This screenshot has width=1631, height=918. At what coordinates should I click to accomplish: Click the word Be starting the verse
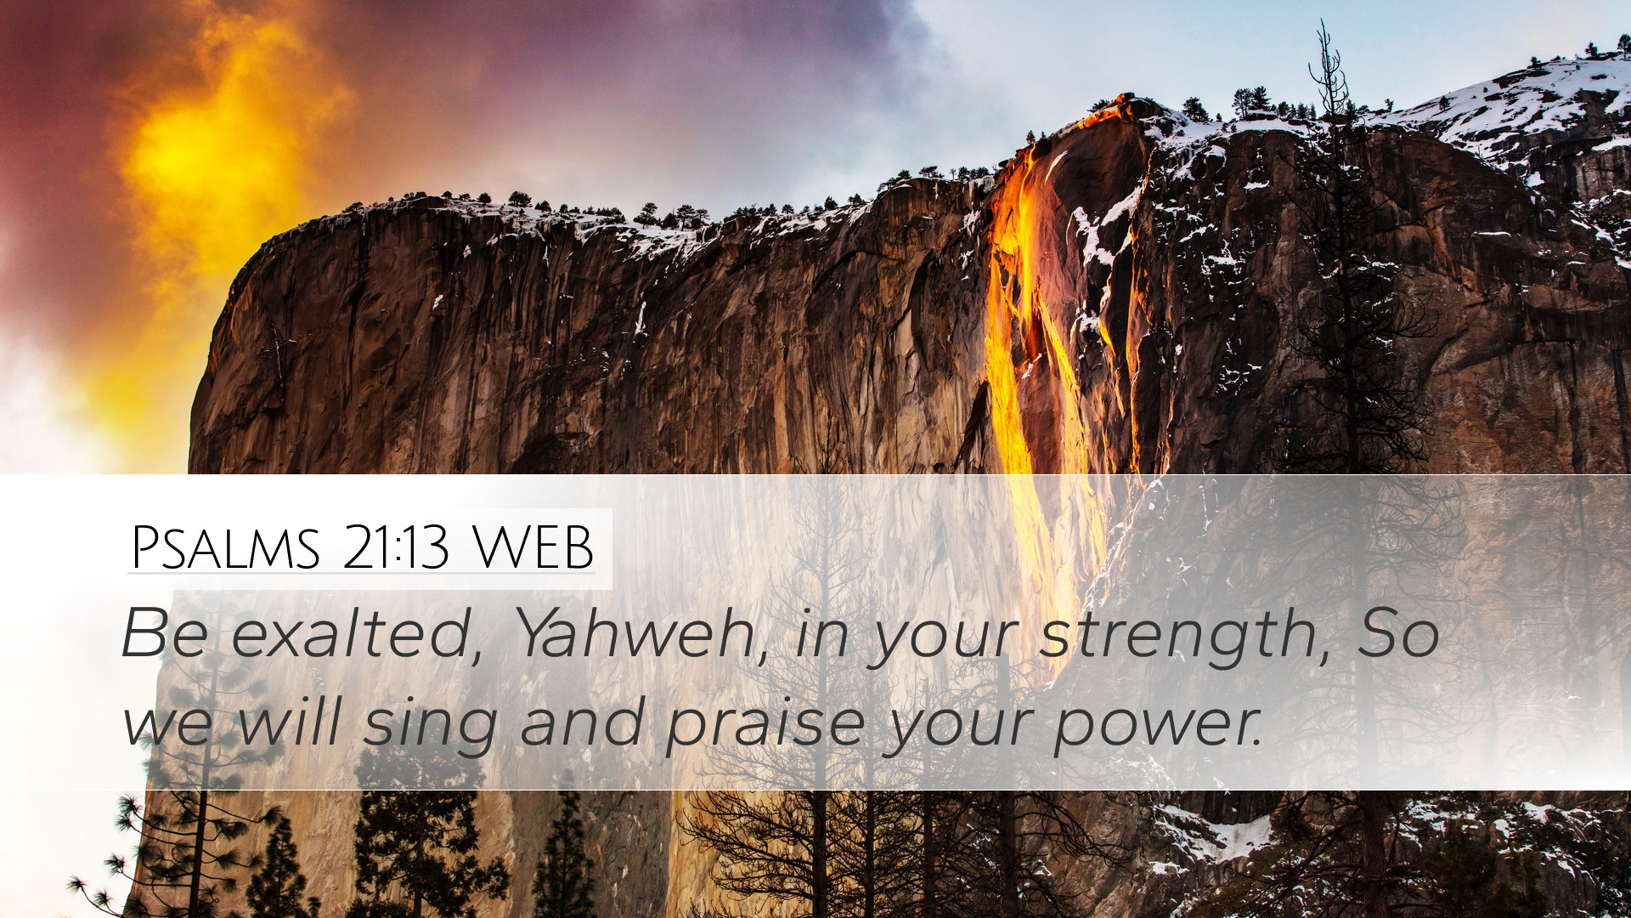click(164, 634)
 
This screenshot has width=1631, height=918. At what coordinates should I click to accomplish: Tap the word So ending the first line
click(1398, 634)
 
